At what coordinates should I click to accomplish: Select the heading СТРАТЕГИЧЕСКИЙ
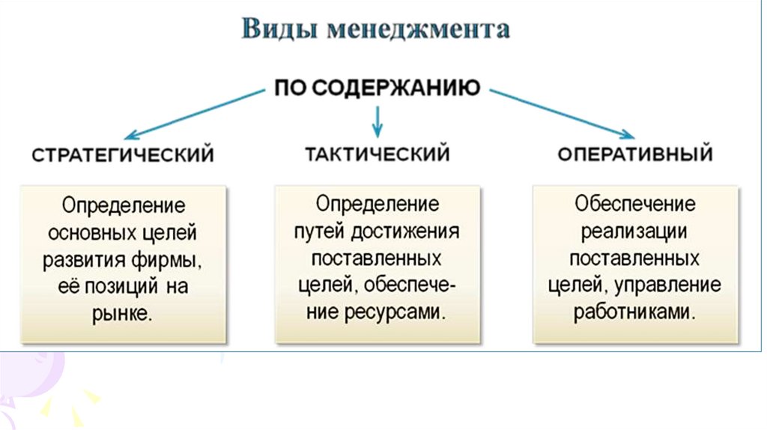click(x=124, y=156)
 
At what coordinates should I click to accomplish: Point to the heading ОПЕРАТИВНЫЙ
click(x=634, y=155)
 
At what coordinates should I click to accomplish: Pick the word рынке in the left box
click(x=124, y=312)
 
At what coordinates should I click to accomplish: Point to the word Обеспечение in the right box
click(x=635, y=205)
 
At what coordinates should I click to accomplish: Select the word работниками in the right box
click(x=635, y=312)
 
